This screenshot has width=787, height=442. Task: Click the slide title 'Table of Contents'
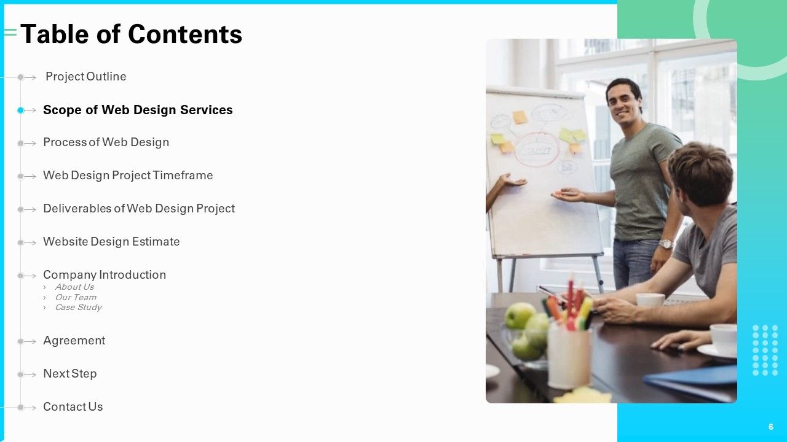click(132, 34)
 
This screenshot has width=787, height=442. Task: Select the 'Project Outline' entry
click(85, 77)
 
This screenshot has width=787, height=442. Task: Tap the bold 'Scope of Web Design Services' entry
click(138, 110)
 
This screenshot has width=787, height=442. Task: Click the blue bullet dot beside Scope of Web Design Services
click(21, 110)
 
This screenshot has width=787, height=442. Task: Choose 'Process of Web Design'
click(106, 142)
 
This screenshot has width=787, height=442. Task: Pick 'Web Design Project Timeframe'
click(128, 176)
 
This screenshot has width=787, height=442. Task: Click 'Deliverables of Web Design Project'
click(139, 208)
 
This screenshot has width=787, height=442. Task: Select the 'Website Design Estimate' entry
click(111, 242)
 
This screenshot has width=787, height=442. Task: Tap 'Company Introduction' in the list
click(105, 274)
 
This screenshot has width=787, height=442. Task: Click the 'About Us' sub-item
click(74, 287)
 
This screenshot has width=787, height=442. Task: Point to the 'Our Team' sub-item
click(76, 297)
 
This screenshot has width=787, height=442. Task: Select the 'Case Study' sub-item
click(78, 308)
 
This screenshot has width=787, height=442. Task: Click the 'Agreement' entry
click(74, 341)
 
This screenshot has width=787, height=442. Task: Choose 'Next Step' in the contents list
click(70, 374)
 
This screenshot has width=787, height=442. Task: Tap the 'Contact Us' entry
click(73, 407)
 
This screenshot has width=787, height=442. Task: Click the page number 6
click(771, 427)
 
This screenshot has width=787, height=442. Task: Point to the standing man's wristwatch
click(666, 244)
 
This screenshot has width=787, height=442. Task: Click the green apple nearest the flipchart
click(520, 315)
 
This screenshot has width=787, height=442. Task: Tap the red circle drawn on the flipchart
click(537, 149)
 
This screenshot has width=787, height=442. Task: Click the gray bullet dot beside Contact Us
click(21, 408)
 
